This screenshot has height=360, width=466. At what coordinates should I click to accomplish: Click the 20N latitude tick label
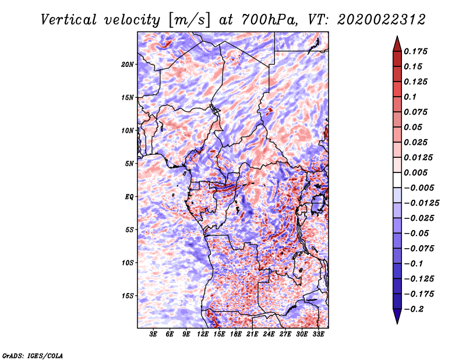(128, 64)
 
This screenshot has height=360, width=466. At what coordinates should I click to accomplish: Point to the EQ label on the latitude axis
(129, 196)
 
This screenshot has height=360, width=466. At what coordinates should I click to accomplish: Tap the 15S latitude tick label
(128, 295)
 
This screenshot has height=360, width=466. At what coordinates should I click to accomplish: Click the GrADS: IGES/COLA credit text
(32, 355)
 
